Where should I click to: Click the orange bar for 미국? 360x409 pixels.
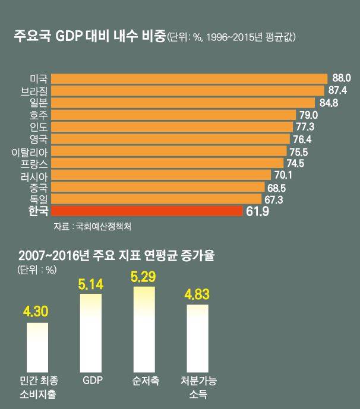(189, 78)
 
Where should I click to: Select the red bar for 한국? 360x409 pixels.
(147, 211)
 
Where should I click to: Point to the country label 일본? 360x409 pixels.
(39, 103)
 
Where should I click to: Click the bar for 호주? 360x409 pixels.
(173, 115)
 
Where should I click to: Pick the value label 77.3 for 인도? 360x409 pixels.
(305, 127)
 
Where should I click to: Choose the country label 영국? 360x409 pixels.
(39, 139)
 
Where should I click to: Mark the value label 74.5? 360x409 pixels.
(296, 163)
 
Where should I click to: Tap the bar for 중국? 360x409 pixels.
(157, 187)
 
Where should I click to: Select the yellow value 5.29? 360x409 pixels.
(146, 277)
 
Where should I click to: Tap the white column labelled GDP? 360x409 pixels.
(91, 332)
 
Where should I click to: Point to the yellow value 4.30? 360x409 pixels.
(37, 312)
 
